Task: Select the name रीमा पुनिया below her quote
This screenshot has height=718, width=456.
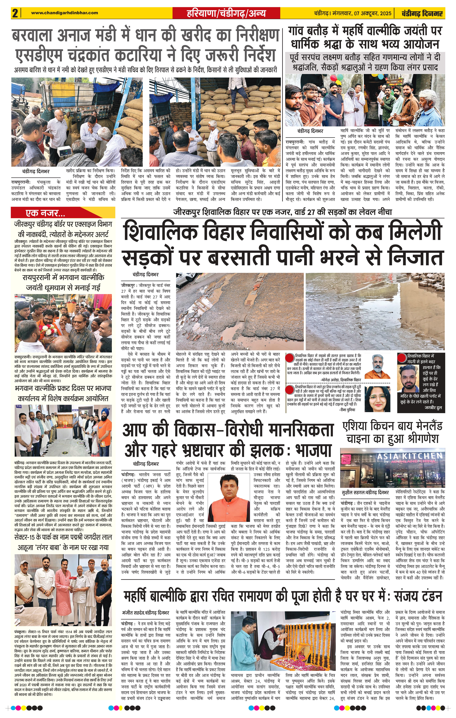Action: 347,410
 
